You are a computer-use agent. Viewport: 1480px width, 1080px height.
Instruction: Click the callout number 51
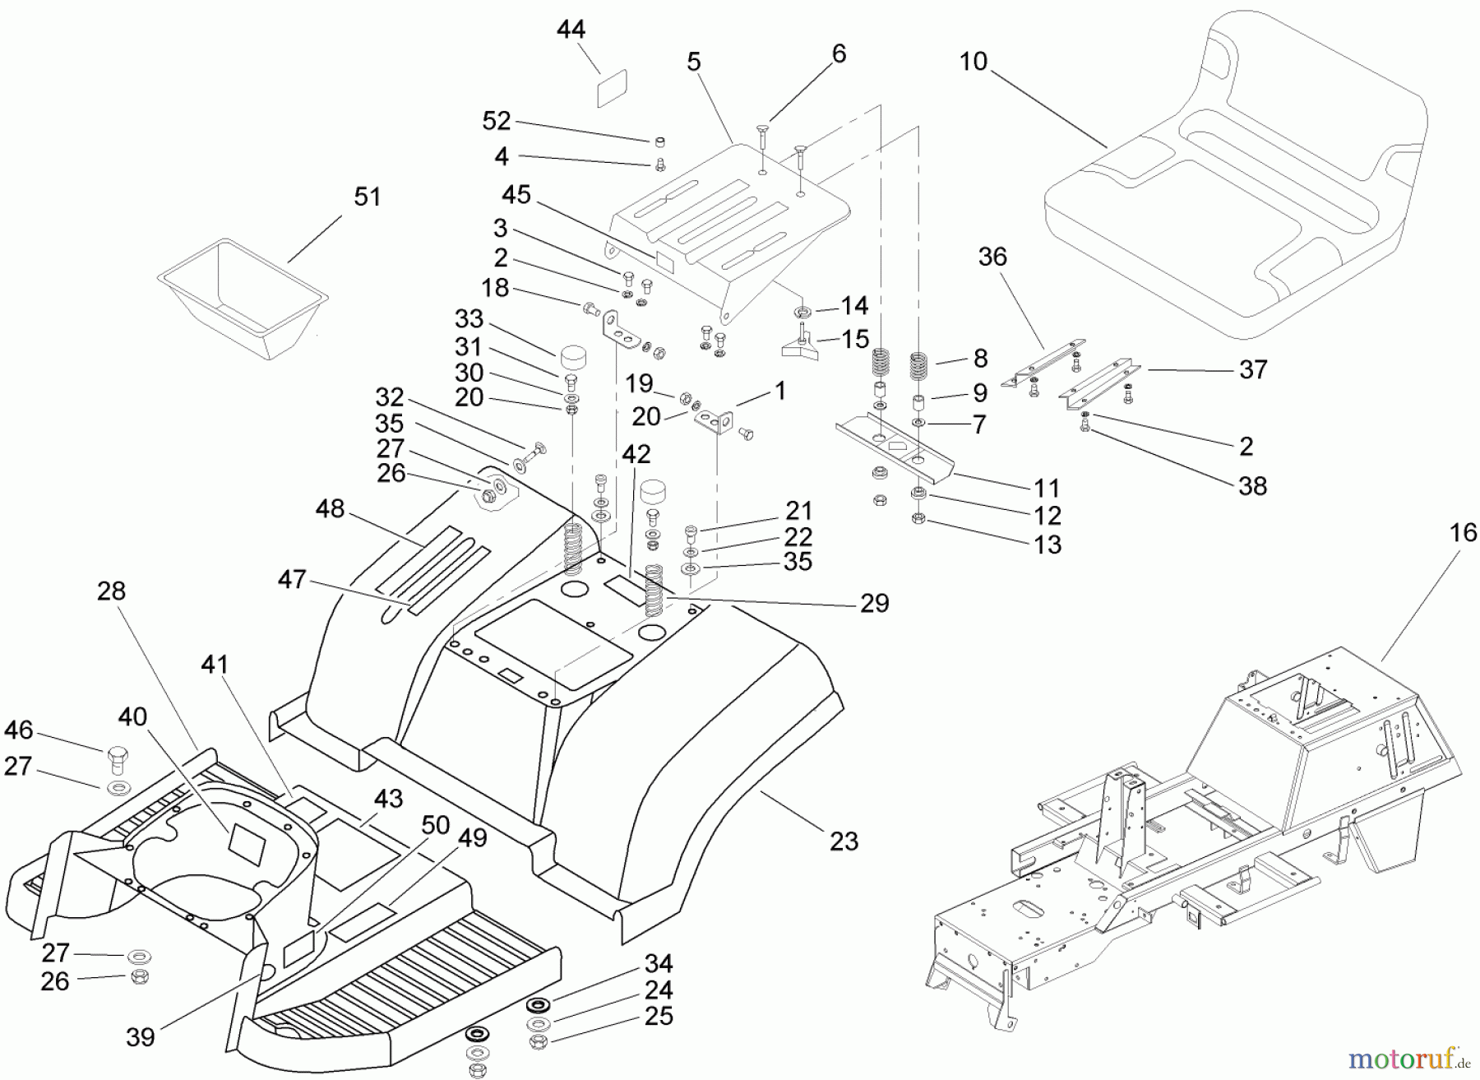click(x=367, y=197)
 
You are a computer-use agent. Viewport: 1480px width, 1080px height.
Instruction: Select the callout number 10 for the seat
click(x=973, y=62)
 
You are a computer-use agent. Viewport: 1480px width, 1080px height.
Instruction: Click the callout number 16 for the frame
click(x=1463, y=533)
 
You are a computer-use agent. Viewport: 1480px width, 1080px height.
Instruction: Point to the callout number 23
click(x=844, y=841)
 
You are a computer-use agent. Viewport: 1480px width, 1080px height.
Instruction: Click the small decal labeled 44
click(x=612, y=88)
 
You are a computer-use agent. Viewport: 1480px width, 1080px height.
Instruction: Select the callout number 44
click(x=571, y=30)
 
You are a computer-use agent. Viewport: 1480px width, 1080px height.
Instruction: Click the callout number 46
click(x=19, y=730)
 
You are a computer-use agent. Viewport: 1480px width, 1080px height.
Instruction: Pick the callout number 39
click(x=140, y=1036)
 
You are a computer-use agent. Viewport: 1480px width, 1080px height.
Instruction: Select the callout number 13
click(x=1048, y=545)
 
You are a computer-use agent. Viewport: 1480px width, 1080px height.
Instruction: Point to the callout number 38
click(x=1251, y=485)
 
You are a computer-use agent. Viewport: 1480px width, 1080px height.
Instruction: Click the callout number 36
click(x=992, y=257)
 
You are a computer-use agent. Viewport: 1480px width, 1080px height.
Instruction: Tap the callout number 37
click(x=1252, y=370)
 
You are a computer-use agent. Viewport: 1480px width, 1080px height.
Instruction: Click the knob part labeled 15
click(x=802, y=345)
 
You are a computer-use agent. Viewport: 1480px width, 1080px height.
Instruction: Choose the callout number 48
click(x=330, y=509)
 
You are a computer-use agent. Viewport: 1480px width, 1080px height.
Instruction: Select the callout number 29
click(x=874, y=604)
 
